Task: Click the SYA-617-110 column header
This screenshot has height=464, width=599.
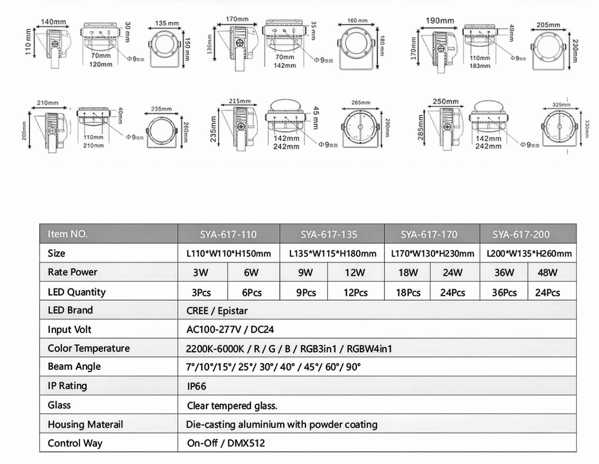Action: click(228, 234)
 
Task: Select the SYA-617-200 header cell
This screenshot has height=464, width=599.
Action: click(521, 234)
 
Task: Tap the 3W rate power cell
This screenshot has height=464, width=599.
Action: click(201, 273)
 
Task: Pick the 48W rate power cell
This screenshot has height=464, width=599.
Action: click(547, 273)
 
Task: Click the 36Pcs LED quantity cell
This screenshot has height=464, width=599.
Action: click(504, 293)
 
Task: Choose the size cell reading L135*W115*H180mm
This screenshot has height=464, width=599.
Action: click(332, 254)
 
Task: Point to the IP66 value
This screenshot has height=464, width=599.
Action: click(197, 386)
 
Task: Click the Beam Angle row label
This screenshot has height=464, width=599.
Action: click(74, 367)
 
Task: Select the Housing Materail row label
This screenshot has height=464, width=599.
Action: click(85, 424)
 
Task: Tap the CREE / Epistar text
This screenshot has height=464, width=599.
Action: click(217, 311)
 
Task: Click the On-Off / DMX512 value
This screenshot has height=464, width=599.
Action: click(226, 443)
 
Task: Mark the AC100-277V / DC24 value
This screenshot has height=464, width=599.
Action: click(230, 329)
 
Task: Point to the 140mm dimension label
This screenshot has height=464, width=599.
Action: click(53, 22)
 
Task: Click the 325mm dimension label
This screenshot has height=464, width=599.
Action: click(561, 104)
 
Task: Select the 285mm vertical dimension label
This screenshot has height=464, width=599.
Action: click(420, 127)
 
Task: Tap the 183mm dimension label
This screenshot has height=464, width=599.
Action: click(480, 66)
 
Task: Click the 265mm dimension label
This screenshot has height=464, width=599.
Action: click(361, 103)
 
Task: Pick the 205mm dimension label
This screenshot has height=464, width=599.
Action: click(548, 25)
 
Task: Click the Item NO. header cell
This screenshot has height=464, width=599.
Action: click(68, 234)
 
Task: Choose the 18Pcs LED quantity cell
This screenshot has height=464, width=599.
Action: click(408, 293)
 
